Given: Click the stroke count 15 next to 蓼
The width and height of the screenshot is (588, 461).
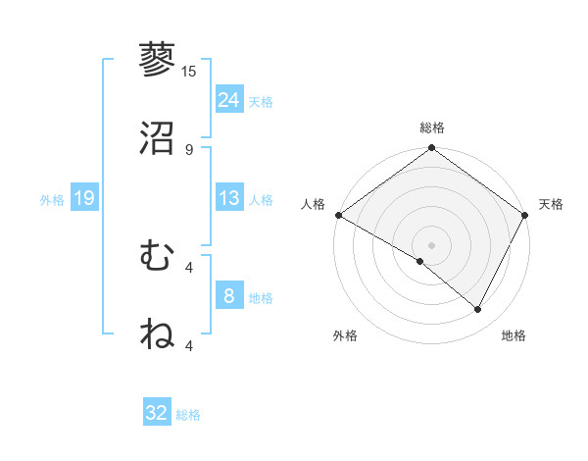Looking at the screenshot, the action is pyautogui.click(x=189, y=72).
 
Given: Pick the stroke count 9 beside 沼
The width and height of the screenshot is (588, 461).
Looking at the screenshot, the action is pyautogui.click(x=189, y=149).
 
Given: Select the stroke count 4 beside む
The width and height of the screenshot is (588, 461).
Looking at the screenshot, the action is pyautogui.click(x=189, y=267).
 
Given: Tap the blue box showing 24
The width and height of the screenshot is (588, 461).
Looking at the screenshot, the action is pyautogui.click(x=229, y=99).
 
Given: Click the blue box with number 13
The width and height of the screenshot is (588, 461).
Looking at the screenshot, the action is pyautogui.click(x=229, y=198).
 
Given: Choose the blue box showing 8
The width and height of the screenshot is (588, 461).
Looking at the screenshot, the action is pyautogui.click(x=229, y=296).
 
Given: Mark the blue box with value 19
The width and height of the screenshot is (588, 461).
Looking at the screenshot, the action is pyautogui.click(x=84, y=198).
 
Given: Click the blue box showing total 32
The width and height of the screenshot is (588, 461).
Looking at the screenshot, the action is pyautogui.click(x=157, y=413).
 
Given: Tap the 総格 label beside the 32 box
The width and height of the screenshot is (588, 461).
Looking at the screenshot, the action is pyautogui.click(x=188, y=415).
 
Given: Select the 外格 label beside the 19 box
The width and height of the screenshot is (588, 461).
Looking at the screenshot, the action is pyautogui.click(x=52, y=199).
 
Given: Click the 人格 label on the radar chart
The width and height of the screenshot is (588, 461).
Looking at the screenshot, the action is pyautogui.click(x=313, y=204).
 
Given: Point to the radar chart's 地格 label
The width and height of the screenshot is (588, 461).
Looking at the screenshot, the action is pyautogui.click(x=514, y=335).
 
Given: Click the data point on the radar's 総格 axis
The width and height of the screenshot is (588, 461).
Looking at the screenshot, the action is pyautogui.click(x=431, y=149).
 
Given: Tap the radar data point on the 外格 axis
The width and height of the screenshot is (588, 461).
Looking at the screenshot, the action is pyautogui.click(x=420, y=261).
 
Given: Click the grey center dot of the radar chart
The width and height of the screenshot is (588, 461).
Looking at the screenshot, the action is pyautogui.click(x=431, y=244).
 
